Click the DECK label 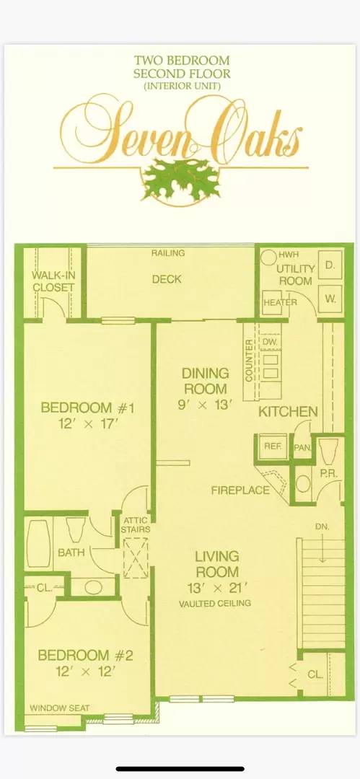coord(166,279)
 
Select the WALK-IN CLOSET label coord(53,281)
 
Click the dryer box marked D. coord(330,265)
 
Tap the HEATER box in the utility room coord(280,302)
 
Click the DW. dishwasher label coord(270,341)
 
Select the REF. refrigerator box coord(272,447)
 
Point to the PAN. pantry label coord(302,447)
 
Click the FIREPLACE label coord(240,490)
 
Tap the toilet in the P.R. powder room coord(329,451)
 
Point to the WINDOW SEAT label coord(60,708)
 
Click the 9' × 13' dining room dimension coord(206,405)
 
